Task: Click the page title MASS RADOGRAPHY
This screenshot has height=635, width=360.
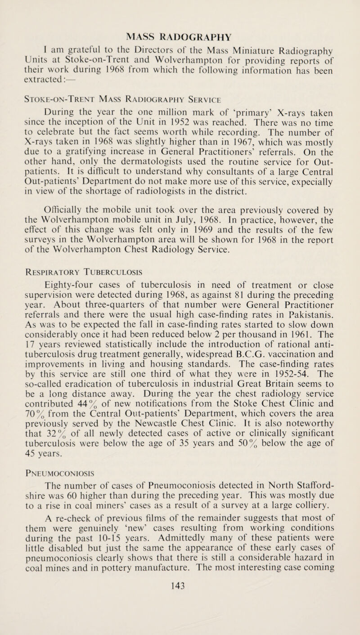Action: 180,9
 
